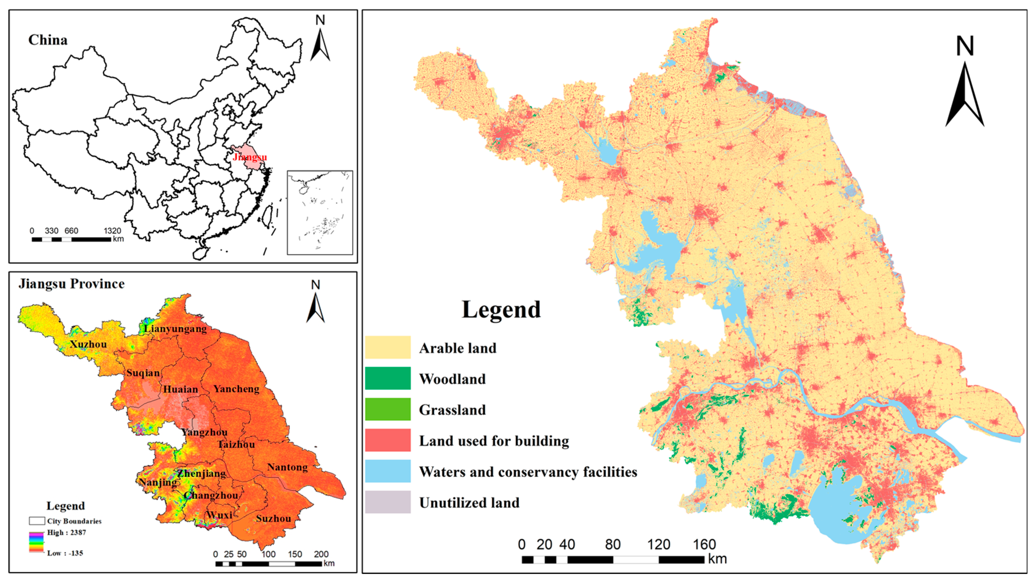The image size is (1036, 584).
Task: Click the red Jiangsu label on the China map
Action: click(249, 157)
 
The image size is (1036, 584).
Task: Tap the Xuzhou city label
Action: click(88, 344)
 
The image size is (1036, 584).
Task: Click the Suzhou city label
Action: click(273, 519)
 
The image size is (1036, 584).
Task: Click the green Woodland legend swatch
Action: click(388, 378)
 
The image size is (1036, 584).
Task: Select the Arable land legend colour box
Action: click(388, 347)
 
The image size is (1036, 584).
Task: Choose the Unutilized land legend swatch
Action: click(388, 502)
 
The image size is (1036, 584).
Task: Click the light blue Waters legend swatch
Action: click(388, 471)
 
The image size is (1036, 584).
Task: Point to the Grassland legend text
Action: click(452, 410)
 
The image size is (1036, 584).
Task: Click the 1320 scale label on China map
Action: click(112, 231)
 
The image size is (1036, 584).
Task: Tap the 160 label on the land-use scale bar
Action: click(704, 545)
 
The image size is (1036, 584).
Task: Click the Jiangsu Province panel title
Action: click(72, 284)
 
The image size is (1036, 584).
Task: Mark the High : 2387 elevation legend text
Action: click(66, 533)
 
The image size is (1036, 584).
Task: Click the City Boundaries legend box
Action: click(37, 521)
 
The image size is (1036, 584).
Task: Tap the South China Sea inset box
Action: click(320, 212)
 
